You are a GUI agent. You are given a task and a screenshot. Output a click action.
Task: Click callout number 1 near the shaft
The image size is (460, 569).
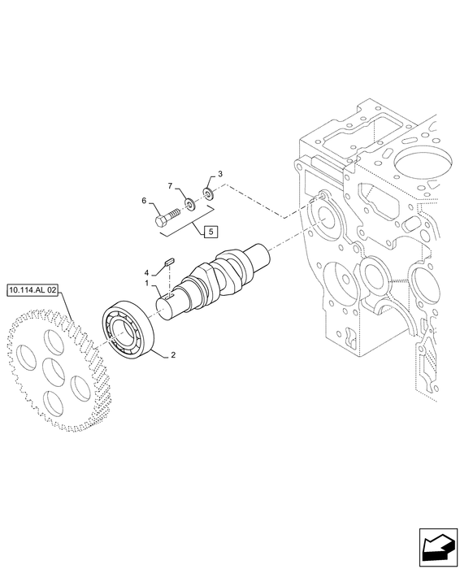pyautogui.click(x=147, y=283)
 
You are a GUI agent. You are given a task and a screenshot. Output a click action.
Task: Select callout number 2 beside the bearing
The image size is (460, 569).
pyautogui.click(x=173, y=354)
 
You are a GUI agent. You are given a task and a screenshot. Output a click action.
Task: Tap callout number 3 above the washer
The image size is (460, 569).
pyautogui.click(x=220, y=174)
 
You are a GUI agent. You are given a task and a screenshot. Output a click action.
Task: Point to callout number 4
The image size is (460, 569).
pyautogui.click(x=146, y=272)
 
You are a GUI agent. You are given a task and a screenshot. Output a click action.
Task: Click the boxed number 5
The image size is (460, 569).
pyautogui.click(x=211, y=231)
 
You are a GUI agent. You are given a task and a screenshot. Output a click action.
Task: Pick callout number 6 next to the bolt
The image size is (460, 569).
pyautogui.click(x=144, y=200)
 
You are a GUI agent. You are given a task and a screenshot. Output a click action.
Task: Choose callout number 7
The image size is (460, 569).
pyautogui.click(x=170, y=186)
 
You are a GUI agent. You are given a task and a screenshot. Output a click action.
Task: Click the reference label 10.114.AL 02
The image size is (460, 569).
pyautogui.click(x=33, y=290)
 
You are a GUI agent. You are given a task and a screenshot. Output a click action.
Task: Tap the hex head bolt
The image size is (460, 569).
pyautogui.click(x=167, y=217)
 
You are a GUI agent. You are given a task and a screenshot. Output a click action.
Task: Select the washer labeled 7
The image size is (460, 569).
pyautogui.click(x=190, y=203)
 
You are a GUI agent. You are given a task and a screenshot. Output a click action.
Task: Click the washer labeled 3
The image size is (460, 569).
pyautogui.click(x=208, y=193)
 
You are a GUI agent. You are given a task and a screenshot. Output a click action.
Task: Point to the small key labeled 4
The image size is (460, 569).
pyautogui.click(x=170, y=261)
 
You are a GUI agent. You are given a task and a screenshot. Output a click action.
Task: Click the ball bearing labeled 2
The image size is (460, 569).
pyautogui.click(x=128, y=329)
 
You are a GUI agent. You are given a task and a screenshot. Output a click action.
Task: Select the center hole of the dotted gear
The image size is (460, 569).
pyautogui.click(x=54, y=372)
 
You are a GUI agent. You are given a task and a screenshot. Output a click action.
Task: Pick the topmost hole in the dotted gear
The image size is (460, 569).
pyautogui.click(x=54, y=341)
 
